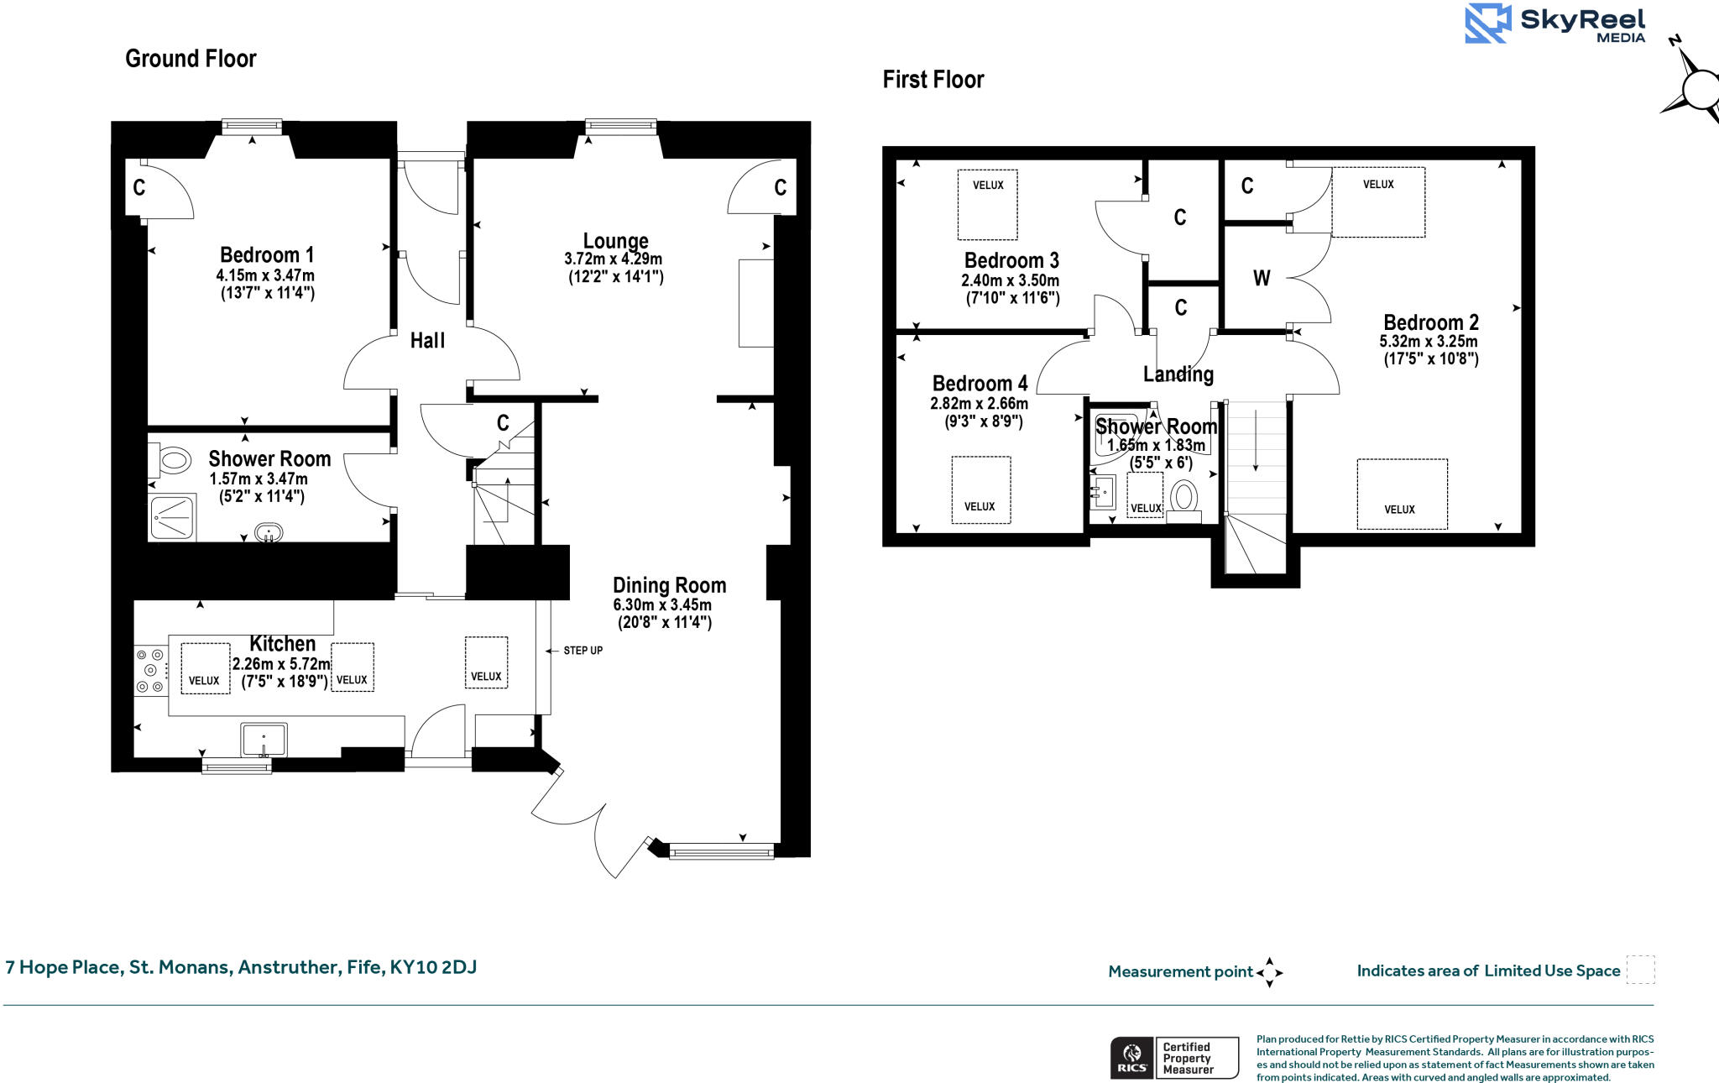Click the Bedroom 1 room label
(267, 254)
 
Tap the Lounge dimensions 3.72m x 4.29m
(613, 259)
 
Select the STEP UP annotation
(583, 651)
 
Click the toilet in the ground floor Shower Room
(172, 460)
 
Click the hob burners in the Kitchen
(150, 670)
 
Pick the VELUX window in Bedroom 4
(980, 490)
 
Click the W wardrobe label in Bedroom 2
(1262, 279)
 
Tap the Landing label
(1178, 374)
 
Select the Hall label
(427, 341)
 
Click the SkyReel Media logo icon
(1487, 24)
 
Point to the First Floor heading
(933, 80)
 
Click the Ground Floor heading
(191, 59)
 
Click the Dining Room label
(669, 585)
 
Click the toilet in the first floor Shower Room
(1183, 497)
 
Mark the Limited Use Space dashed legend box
(1640, 970)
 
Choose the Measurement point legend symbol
(1269, 972)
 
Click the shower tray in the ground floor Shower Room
(172, 517)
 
